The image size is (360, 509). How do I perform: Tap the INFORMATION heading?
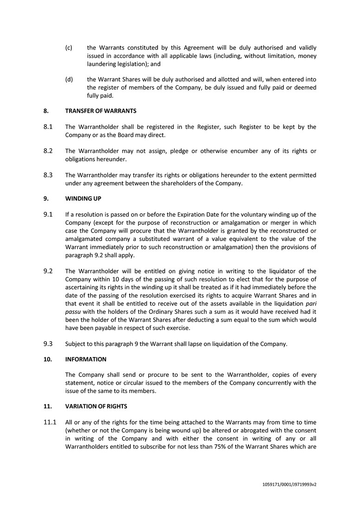coord(86,359)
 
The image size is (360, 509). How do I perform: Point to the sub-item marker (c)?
coord(69,48)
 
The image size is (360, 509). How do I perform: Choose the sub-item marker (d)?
coord(69,80)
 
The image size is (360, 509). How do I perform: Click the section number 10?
coord(47,359)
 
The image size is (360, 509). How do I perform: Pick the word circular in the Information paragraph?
coord(138,383)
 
